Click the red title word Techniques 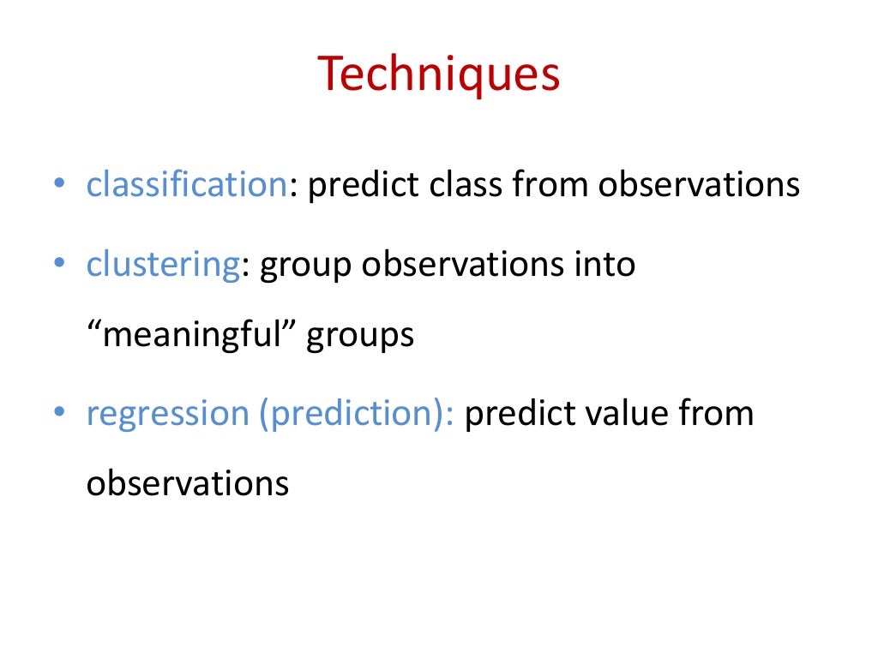tap(439, 75)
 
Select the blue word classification tap(185, 185)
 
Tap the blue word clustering tap(162, 265)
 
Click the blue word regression tap(166, 414)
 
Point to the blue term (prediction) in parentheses tap(355, 414)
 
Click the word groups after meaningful tap(361, 335)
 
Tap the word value tap(628, 414)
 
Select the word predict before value tap(522, 414)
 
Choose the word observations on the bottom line tap(187, 484)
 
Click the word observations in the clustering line tap(461, 265)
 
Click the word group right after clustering tap(306, 266)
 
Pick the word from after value tap(716, 414)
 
